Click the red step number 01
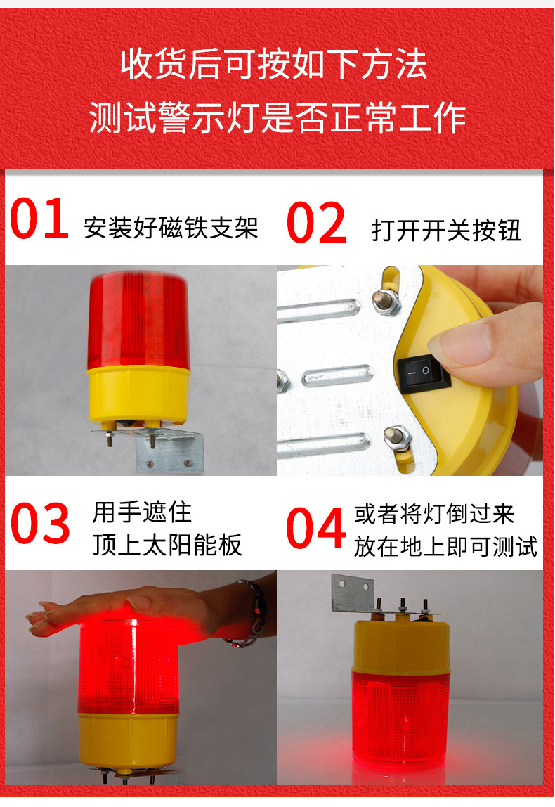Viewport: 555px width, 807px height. click(39, 220)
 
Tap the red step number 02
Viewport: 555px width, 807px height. click(316, 224)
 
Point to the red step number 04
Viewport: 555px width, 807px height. click(316, 529)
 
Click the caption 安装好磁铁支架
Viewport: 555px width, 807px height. click(171, 228)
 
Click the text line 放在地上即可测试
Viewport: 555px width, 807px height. click(445, 546)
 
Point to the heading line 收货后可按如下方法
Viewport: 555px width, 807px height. click(275, 66)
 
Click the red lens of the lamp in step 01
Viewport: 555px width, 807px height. click(138, 323)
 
